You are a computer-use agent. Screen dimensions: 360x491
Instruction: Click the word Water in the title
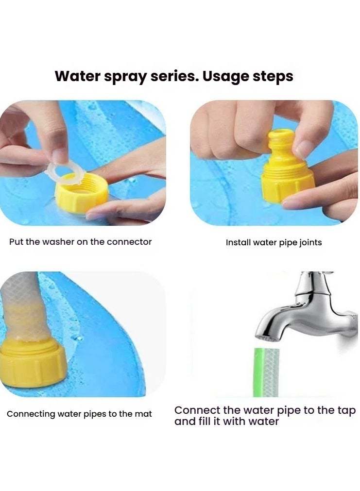pos(77,76)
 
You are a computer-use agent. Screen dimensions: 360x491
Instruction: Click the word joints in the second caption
pos(310,243)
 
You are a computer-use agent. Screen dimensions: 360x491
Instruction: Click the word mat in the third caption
pos(143,414)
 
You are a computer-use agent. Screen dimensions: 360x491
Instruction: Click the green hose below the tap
pos(266,372)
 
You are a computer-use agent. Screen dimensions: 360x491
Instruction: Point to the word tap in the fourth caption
pos(346,411)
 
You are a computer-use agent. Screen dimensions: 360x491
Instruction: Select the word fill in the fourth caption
pos(204,421)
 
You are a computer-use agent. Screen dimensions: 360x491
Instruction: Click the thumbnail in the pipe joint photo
pos(302,149)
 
